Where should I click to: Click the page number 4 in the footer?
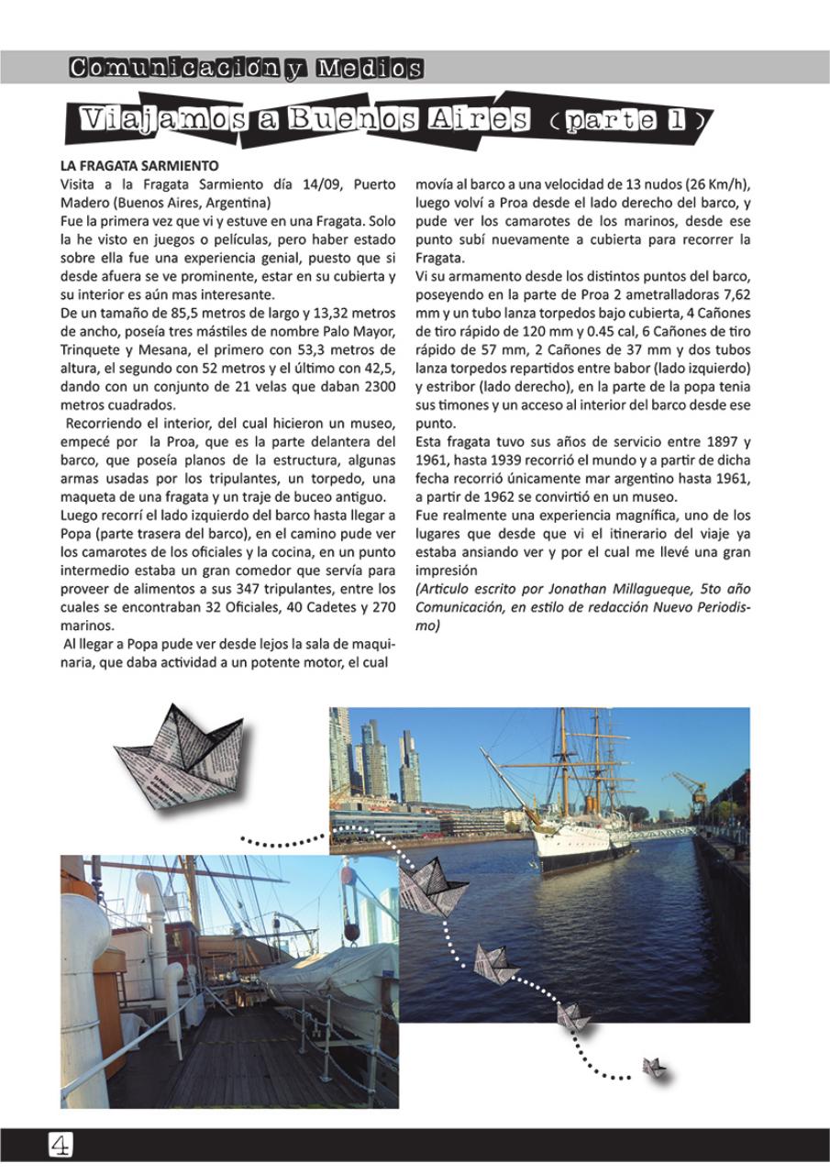pyautogui.click(x=61, y=1144)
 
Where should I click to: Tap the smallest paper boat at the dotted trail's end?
pyautogui.click(x=652, y=1067)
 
